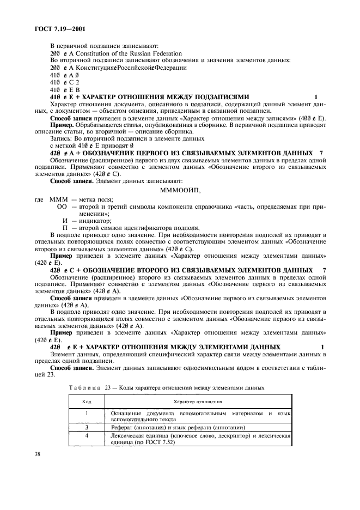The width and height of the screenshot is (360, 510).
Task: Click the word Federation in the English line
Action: click(161, 53)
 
